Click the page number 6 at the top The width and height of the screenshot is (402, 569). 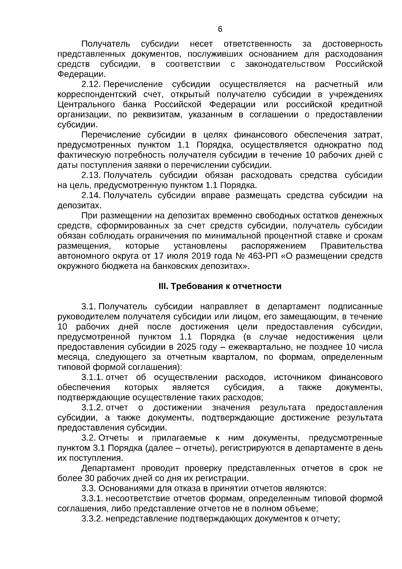(220, 29)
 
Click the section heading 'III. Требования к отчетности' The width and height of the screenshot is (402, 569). (220, 286)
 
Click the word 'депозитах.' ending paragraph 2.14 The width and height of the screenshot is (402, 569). (79, 206)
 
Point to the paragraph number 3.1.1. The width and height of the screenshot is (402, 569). (92, 377)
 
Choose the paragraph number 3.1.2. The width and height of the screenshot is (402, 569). (92, 407)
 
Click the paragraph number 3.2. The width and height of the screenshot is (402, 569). (88, 438)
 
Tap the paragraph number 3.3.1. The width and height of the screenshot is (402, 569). (92, 498)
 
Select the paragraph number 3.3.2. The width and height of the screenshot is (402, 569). (92, 519)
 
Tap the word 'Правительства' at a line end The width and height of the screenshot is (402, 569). (351, 246)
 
